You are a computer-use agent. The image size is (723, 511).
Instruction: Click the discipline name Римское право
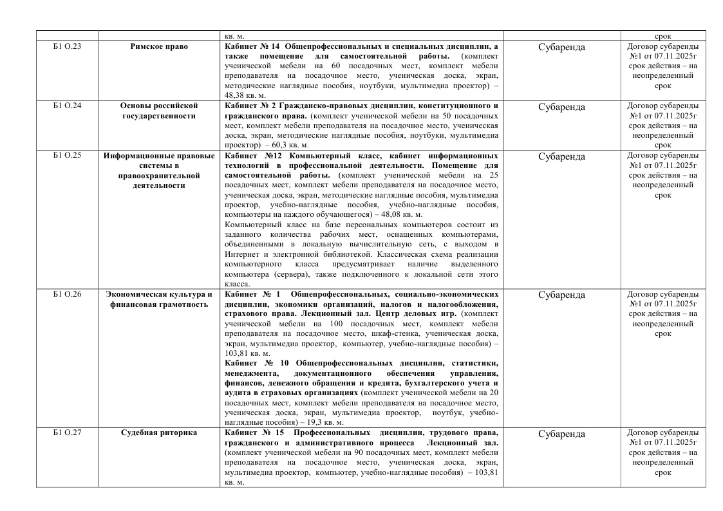[x=158, y=47]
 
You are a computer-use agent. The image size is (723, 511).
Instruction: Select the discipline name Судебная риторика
[x=158, y=433]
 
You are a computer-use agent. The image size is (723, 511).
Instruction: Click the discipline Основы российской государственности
[x=158, y=110]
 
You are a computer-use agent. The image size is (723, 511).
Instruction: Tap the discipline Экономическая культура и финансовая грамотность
[x=158, y=299]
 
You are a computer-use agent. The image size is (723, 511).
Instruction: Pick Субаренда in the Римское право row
[x=561, y=48]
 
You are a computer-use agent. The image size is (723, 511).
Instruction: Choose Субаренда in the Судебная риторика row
[x=561, y=434]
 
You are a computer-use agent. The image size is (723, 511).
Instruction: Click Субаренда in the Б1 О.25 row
[x=561, y=157]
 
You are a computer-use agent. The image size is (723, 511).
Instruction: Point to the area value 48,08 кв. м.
[x=399, y=214]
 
